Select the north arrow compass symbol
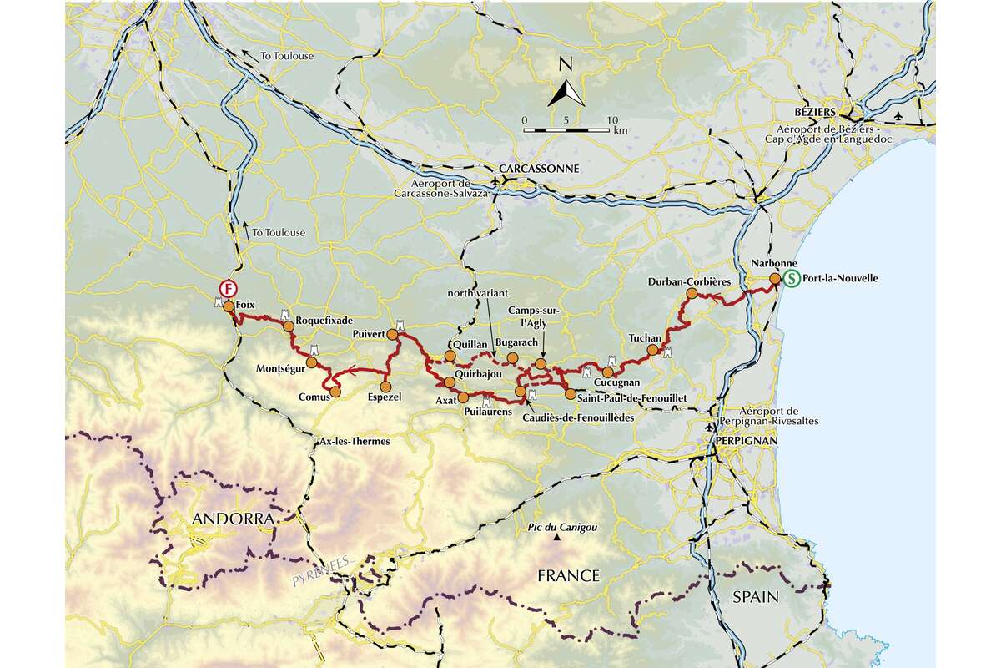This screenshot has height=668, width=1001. (565, 89)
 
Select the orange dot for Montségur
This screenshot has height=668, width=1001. (311, 362)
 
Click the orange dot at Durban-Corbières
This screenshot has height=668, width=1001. (692, 294)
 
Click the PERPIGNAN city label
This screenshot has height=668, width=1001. (745, 439)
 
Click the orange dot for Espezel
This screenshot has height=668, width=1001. (385, 387)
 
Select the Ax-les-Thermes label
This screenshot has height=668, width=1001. (355, 441)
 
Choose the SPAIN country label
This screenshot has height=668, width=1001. (756, 597)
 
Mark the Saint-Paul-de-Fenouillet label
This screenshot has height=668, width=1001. (629, 400)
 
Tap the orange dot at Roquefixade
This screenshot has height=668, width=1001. (289, 326)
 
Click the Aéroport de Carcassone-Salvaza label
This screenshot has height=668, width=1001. (454, 189)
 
